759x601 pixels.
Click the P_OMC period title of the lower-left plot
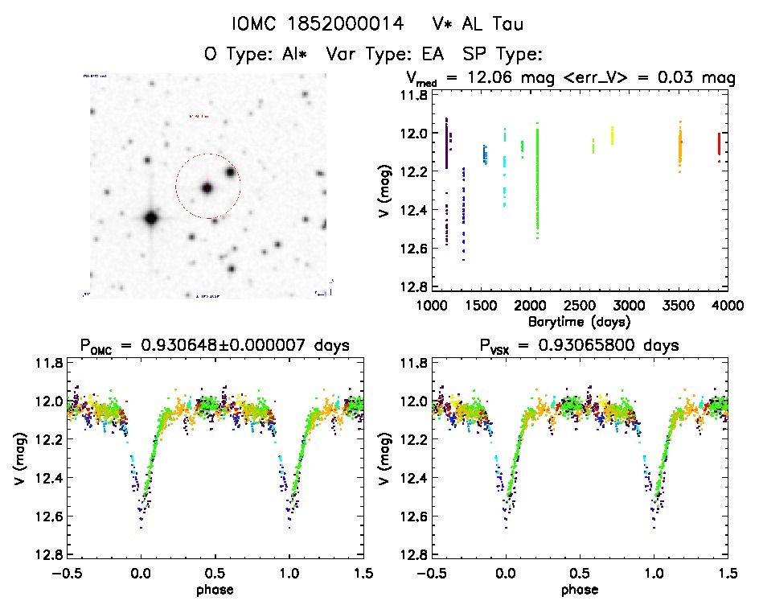[x=215, y=347]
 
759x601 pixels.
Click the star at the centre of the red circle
[x=207, y=188]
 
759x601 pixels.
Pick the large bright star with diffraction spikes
[x=150, y=217]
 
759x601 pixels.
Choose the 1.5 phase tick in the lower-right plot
[x=727, y=574]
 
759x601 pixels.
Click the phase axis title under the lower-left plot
[x=215, y=590]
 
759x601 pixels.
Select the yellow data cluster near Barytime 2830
[x=612, y=134]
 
